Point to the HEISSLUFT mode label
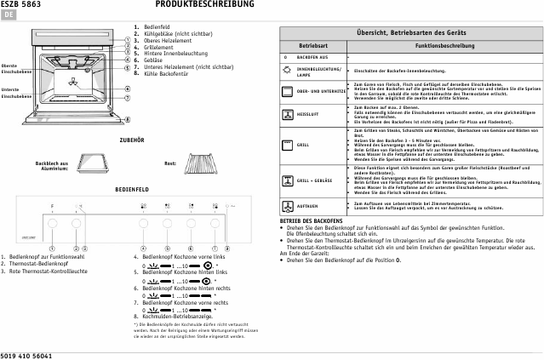308,113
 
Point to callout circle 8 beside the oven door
127,120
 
